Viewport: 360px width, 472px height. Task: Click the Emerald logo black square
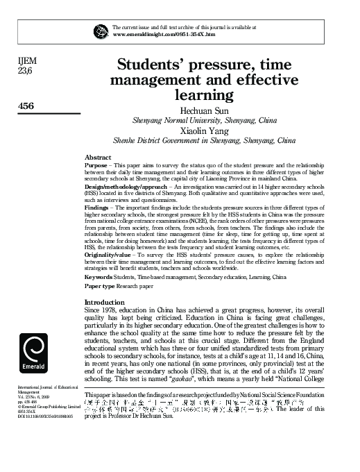[35, 353]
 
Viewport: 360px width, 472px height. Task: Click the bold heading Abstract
[98, 158]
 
